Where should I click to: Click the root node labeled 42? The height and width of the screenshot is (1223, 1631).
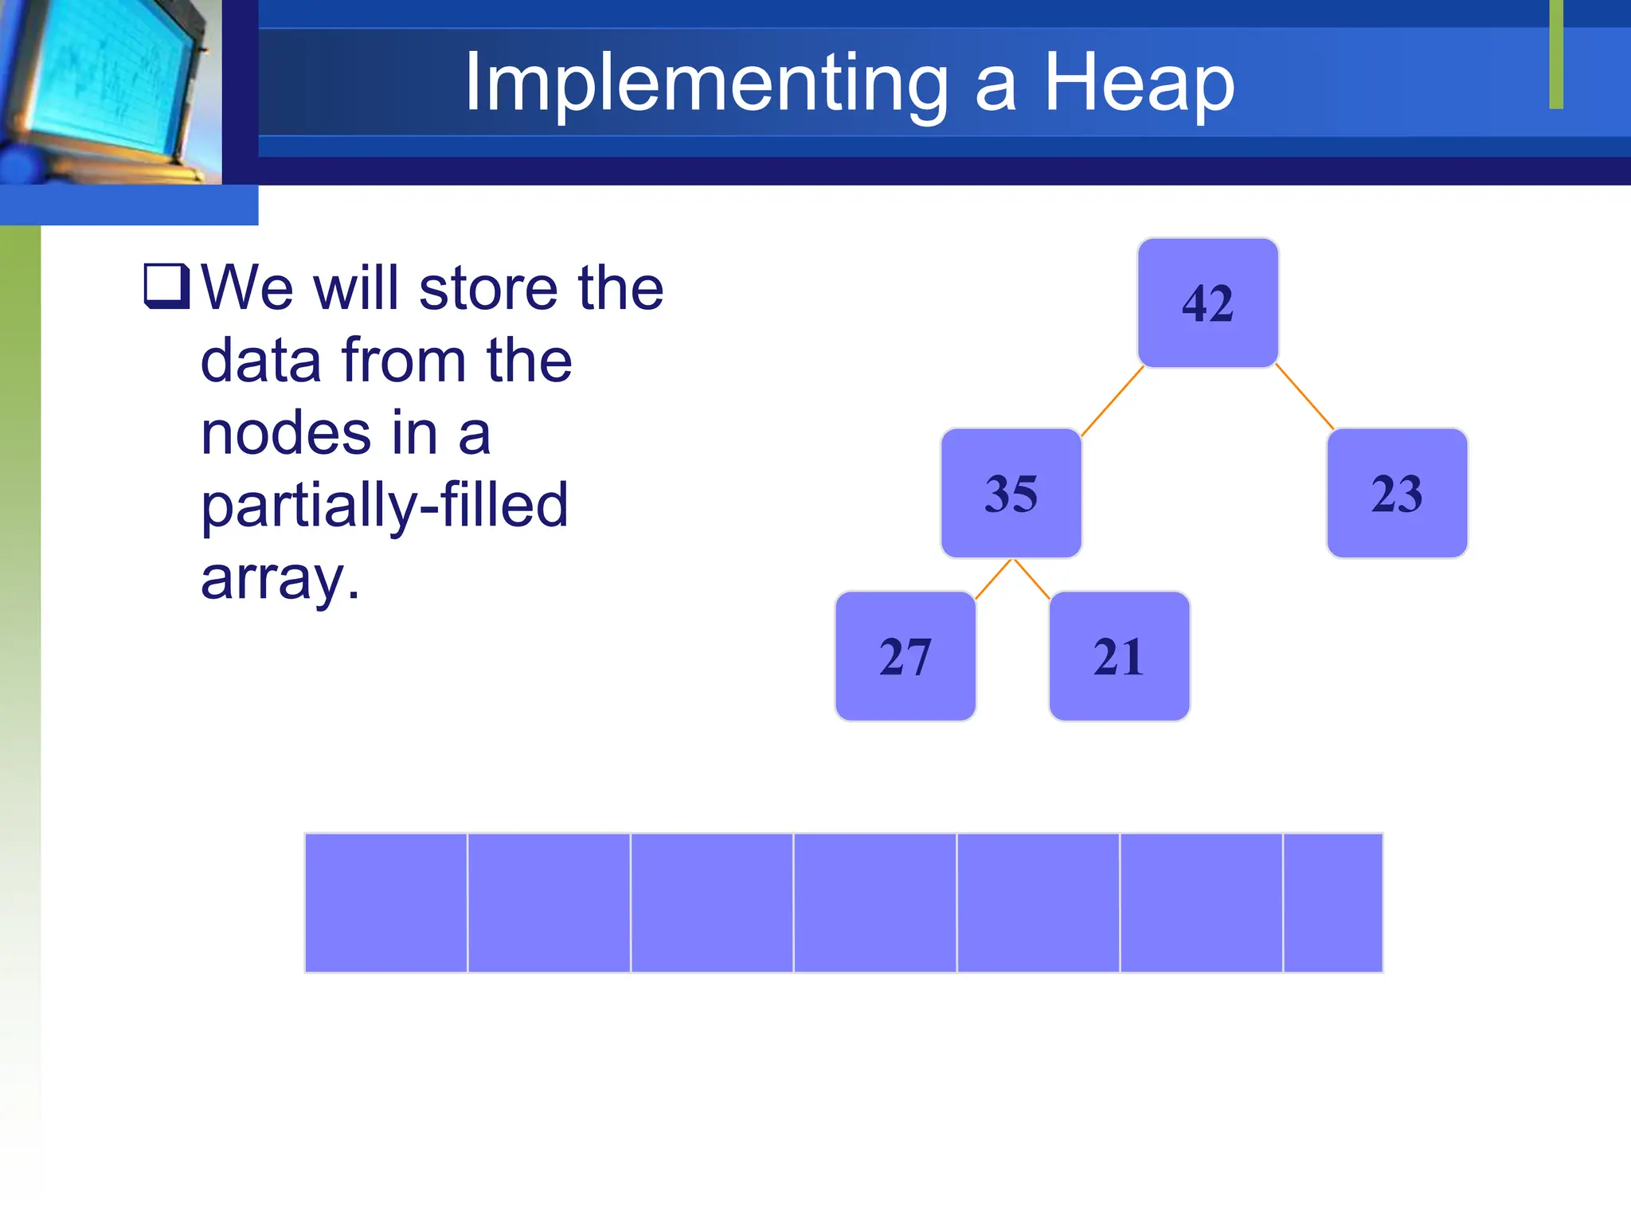(1207, 303)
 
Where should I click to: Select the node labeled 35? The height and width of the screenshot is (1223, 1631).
(1011, 494)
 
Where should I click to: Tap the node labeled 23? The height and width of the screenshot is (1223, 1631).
(1397, 494)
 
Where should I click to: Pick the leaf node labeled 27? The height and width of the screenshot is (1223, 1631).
(905, 657)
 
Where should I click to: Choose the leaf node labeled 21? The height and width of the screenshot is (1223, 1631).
(1119, 657)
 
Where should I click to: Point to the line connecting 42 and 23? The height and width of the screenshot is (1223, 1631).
(1304, 397)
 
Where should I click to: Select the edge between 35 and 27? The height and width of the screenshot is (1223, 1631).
(993, 579)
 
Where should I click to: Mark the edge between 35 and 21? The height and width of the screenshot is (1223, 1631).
(1031, 579)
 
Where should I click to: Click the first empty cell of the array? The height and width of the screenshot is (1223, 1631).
(386, 903)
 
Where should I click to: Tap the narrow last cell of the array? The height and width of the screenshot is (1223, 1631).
(1332, 903)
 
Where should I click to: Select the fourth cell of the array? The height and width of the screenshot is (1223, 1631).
(874, 903)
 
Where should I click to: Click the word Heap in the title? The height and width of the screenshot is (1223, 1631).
(1139, 82)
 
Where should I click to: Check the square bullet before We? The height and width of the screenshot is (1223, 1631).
(166, 286)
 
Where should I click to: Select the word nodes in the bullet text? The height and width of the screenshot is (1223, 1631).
(285, 434)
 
